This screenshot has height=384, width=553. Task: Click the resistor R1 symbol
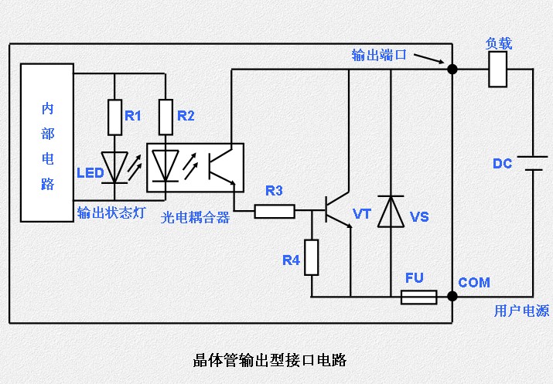click(x=114, y=115)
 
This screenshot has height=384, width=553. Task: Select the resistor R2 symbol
click(x=166, y=115)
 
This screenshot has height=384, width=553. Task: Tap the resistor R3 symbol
click(x=275, y=210)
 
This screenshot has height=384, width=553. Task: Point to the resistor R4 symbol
click(x=311, y=257)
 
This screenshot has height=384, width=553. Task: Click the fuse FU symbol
click(x=418, y=297)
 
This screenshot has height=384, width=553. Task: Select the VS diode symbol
click(x=390, y=212)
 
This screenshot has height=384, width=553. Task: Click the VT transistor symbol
click(x=336, y=209)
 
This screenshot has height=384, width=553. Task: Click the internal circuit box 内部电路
click(x=47, y=143)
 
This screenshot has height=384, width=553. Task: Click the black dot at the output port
click(x=452, y=70)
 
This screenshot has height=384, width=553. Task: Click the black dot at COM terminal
click(x=452, y=296)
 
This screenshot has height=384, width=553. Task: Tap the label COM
click(x=473, y=283)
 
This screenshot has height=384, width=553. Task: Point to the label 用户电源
click(x=521, y=311)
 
